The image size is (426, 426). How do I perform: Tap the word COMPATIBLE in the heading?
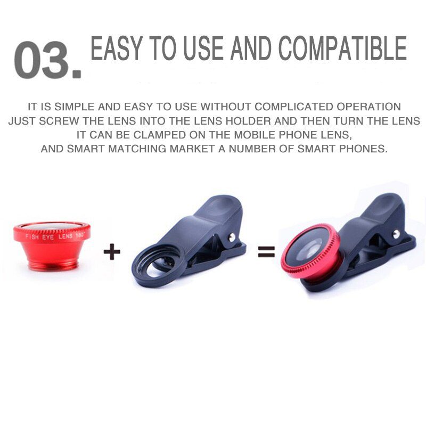click(342, 49)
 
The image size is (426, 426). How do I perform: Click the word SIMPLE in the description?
click(69, 107)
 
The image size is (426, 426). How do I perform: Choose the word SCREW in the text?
click(56, 121)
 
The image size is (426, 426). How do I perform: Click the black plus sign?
click(112, 251)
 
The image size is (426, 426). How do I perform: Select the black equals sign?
click(266, 252)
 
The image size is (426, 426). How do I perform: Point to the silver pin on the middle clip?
click(232, 236)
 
